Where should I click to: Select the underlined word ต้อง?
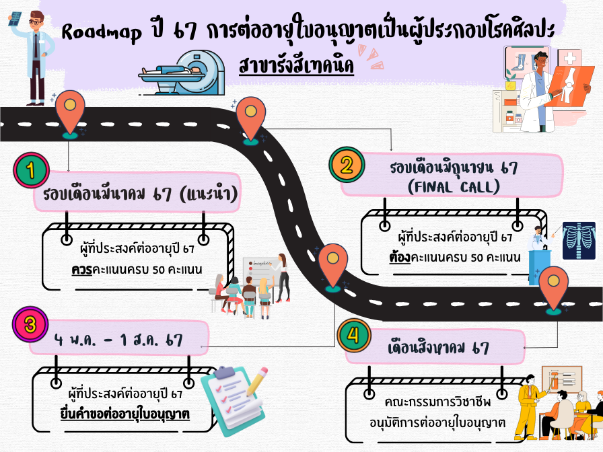(x=402, y=258)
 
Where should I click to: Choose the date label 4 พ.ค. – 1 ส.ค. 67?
(x=118, y=340)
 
